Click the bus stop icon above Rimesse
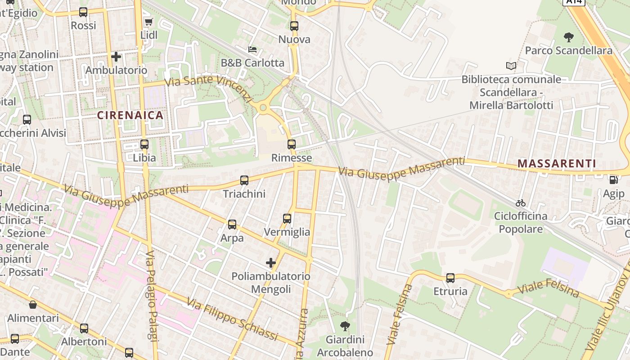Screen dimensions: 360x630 292,144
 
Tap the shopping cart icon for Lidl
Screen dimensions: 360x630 149,22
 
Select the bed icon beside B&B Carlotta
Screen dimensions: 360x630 252,49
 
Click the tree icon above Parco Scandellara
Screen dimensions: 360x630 569,37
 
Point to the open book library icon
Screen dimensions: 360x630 511,66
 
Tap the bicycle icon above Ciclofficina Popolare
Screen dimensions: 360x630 521,203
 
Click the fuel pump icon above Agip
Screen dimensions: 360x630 613,180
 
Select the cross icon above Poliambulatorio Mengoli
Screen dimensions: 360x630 271,262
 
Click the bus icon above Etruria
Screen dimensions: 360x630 450,278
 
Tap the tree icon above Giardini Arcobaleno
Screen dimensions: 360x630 345,326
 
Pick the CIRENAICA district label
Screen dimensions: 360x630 130,115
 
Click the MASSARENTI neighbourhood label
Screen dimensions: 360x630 557,163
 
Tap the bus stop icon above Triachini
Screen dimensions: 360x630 244,180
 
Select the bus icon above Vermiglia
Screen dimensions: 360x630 287,219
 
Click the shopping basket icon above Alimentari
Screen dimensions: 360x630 33,305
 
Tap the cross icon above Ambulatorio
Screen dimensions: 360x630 116,57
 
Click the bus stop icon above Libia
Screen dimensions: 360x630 144,144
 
